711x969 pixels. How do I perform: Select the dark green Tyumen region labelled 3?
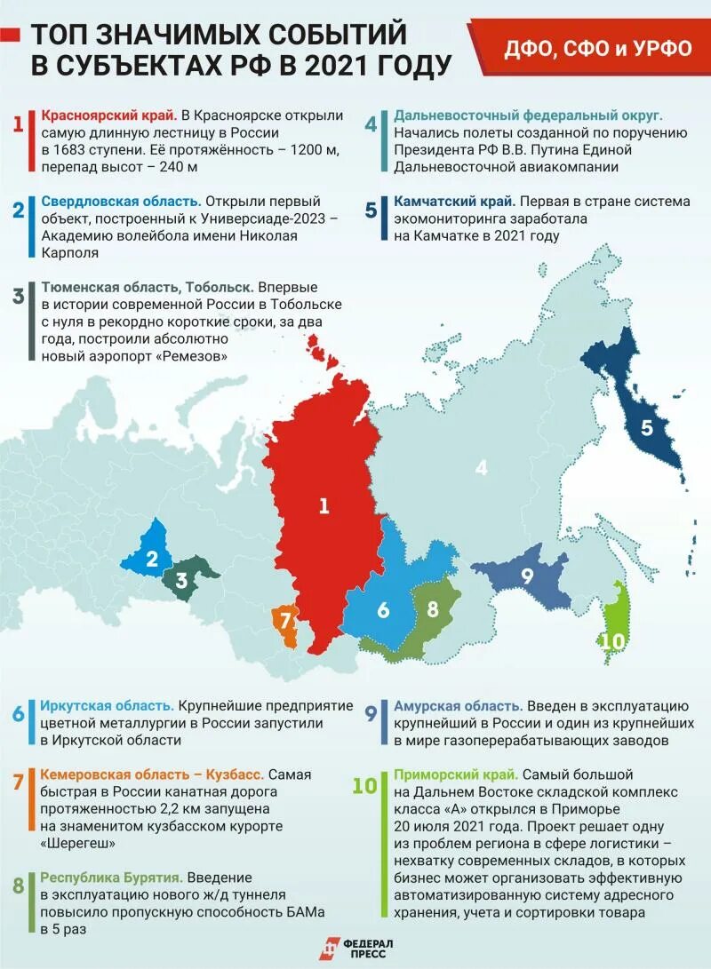[184, 578]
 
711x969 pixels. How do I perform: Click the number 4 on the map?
[482, 467]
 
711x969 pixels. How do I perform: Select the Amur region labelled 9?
[524, 576]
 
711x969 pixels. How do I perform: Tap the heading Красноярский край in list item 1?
[108, 116]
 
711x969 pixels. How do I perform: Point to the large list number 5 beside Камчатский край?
[371, 210]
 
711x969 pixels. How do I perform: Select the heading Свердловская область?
[121, 202]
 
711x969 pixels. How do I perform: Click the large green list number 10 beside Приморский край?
[365, 785]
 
